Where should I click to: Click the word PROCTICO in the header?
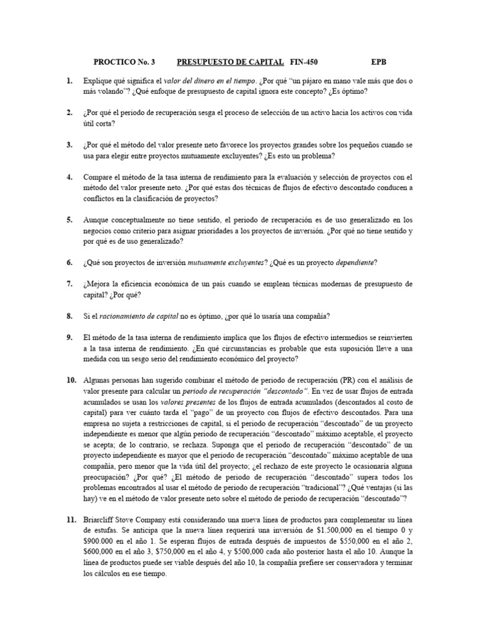[114, 62]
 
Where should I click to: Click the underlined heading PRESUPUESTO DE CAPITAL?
[231, 62]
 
